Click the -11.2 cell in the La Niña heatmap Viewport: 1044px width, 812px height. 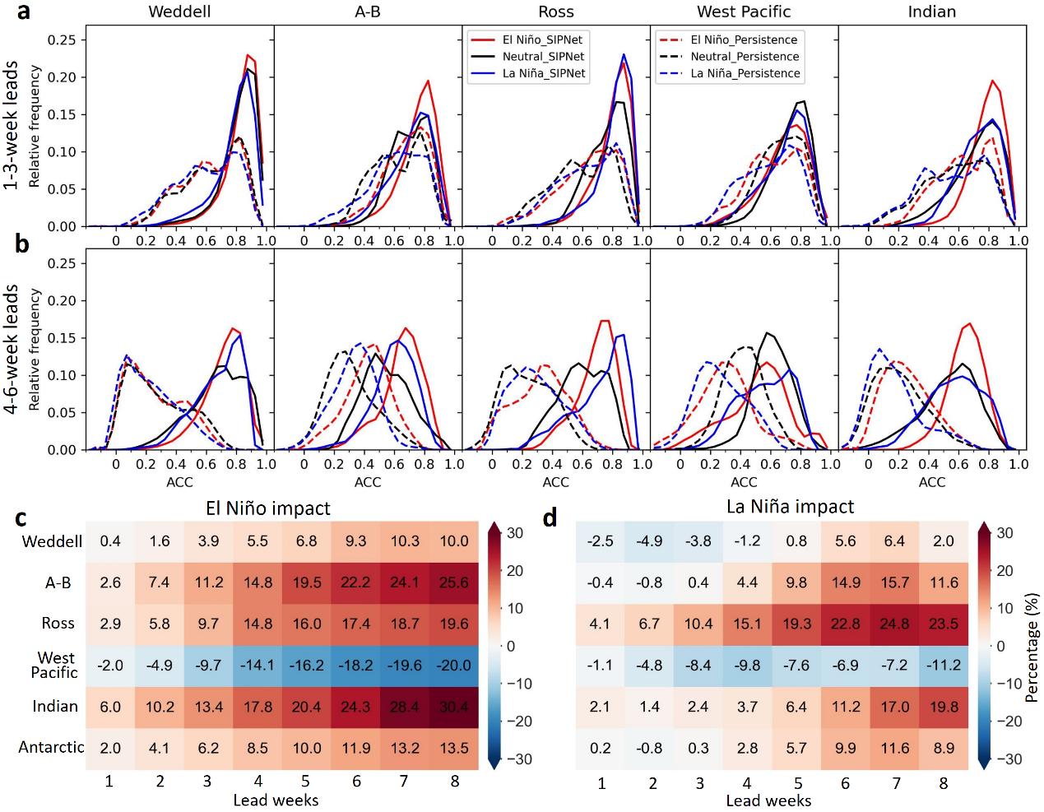pos(943,664)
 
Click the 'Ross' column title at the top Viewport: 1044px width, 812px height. pos(555,12)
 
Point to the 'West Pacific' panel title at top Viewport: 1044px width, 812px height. pos(744,12)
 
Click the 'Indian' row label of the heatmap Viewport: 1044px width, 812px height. pos(56,706)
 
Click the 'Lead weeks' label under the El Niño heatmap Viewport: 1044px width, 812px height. pos(276,799)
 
